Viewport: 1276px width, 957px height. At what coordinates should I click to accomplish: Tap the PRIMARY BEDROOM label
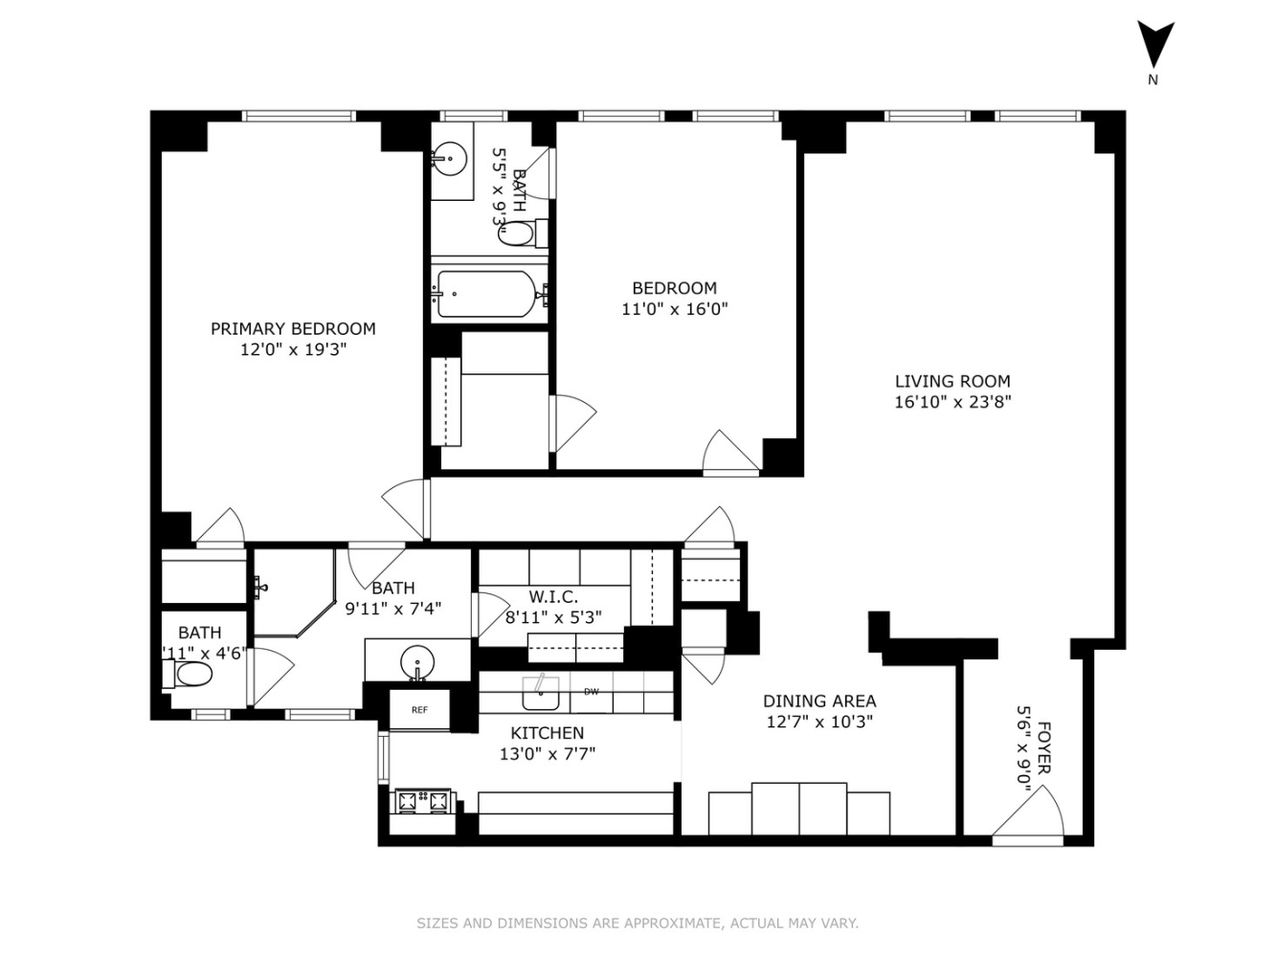click(x=293, y=328)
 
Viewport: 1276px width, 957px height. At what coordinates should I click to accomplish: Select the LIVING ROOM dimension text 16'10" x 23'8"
click(x=952, y=402)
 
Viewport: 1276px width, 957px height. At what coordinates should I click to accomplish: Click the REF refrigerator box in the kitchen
click(x=419, y=710)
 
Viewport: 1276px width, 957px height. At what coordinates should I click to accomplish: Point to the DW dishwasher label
click(x=592, y=692)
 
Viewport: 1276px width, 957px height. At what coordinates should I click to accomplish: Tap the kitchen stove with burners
click(x=422, y=801)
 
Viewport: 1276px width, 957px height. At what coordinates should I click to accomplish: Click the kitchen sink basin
click(x=541, y=694)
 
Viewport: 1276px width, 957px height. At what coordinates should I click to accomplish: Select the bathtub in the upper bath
click(x=486, y=294)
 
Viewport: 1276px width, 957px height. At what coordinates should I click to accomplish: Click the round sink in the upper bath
click(x=448, y=159)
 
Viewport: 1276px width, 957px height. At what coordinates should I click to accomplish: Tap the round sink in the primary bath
click(x=417, y=661)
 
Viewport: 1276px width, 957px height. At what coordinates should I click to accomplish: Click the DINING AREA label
click(x=819, y=701)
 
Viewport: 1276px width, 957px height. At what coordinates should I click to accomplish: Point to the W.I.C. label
click(x=553, y=597)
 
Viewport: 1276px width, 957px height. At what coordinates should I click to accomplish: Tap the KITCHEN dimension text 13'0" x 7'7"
click(x=548, y=754)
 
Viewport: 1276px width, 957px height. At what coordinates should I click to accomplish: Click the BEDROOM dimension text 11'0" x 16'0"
click(x=675, y=309)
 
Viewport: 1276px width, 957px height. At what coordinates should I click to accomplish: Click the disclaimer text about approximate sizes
click(x=638, y=924)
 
